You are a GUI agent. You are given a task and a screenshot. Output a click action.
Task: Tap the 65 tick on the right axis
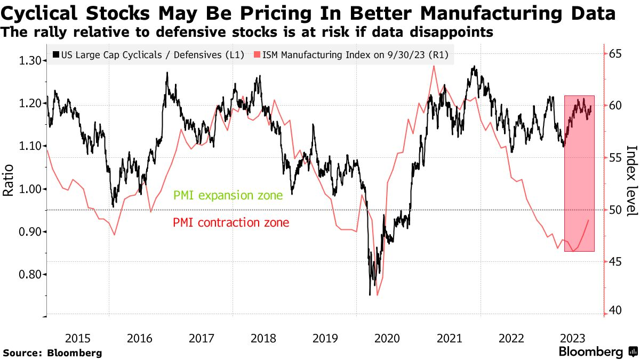[617, 54]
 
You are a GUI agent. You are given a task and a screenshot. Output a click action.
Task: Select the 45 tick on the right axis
[617, 261]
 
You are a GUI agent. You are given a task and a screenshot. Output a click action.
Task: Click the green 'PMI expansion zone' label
[228, 196]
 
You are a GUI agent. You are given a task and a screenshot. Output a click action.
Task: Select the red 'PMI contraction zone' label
[231, 222]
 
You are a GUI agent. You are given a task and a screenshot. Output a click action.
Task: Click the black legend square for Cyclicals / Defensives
[56, 54]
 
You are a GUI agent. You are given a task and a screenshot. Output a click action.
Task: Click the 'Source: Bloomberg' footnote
[52, 353]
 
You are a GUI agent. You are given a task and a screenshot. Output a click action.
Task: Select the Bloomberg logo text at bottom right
[590, 352]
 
